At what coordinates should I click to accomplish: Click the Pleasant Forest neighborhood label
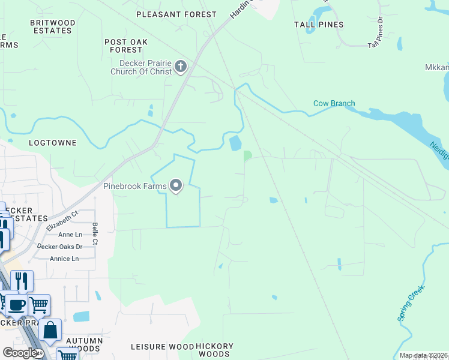(176, 14)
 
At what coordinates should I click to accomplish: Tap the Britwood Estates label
(53, 26)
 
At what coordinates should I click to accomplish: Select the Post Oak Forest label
(126, 46)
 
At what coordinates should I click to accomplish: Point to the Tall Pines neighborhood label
(319, 25)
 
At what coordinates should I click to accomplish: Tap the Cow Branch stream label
(334, 103)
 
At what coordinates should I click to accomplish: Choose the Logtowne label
(53, 143)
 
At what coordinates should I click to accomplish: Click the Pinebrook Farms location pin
(176, 186)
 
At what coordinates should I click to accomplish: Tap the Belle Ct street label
(95, 233)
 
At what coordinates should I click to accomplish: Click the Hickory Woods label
(214, 350)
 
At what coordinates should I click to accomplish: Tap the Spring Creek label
(411, 303)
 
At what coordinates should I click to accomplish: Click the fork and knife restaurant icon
(22, 281)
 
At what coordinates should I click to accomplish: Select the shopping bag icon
(50, 330)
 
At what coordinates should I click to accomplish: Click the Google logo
(19, 353)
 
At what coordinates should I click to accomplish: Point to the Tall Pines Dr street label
(375, 32)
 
